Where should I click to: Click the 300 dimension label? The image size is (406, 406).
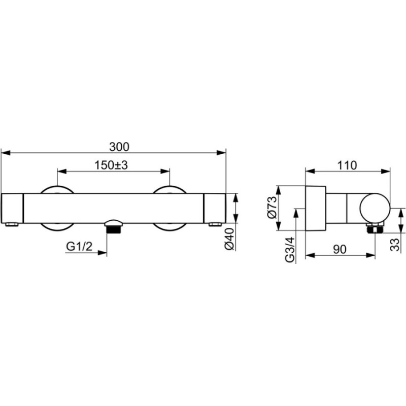(x=119, y=147)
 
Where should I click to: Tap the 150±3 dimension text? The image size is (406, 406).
(x=111, y=165)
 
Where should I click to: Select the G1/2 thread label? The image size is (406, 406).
(x=79, y=246)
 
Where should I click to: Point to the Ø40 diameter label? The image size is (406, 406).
(x=230, y=239)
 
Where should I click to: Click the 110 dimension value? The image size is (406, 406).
(x=347, y=165)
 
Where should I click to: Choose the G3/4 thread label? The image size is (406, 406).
(x=290, y=250)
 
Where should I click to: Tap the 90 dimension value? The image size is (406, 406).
(x=340, y=249)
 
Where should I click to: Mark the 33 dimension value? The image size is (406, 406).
(x=395, y=245)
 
